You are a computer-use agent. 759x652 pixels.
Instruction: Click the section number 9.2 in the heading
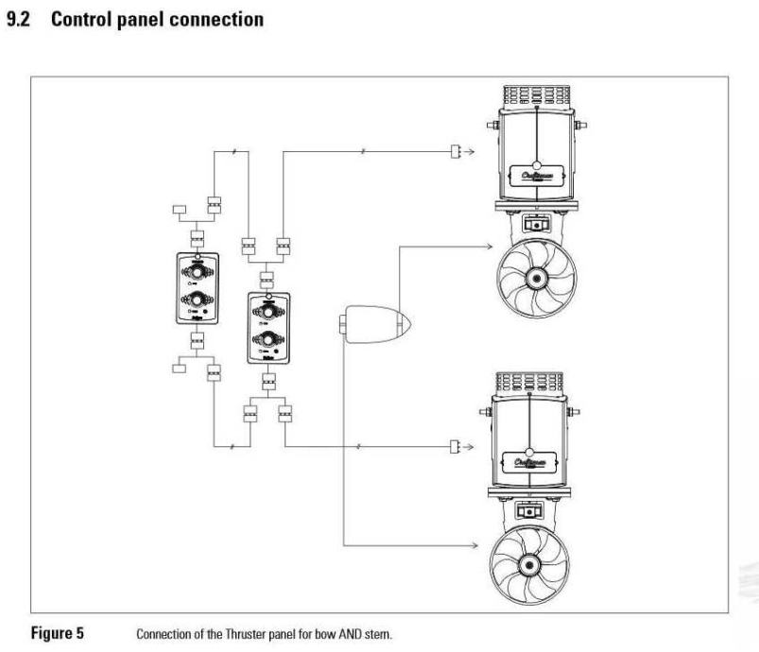[x=22, y=20]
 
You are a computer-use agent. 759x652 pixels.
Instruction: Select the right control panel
[x=267, y=327]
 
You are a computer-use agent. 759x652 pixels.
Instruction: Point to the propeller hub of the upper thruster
[x=535, y=279]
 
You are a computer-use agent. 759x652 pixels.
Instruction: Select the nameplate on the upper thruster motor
[x=535, y=176]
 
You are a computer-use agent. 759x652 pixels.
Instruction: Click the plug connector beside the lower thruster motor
[x=456, y=445]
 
